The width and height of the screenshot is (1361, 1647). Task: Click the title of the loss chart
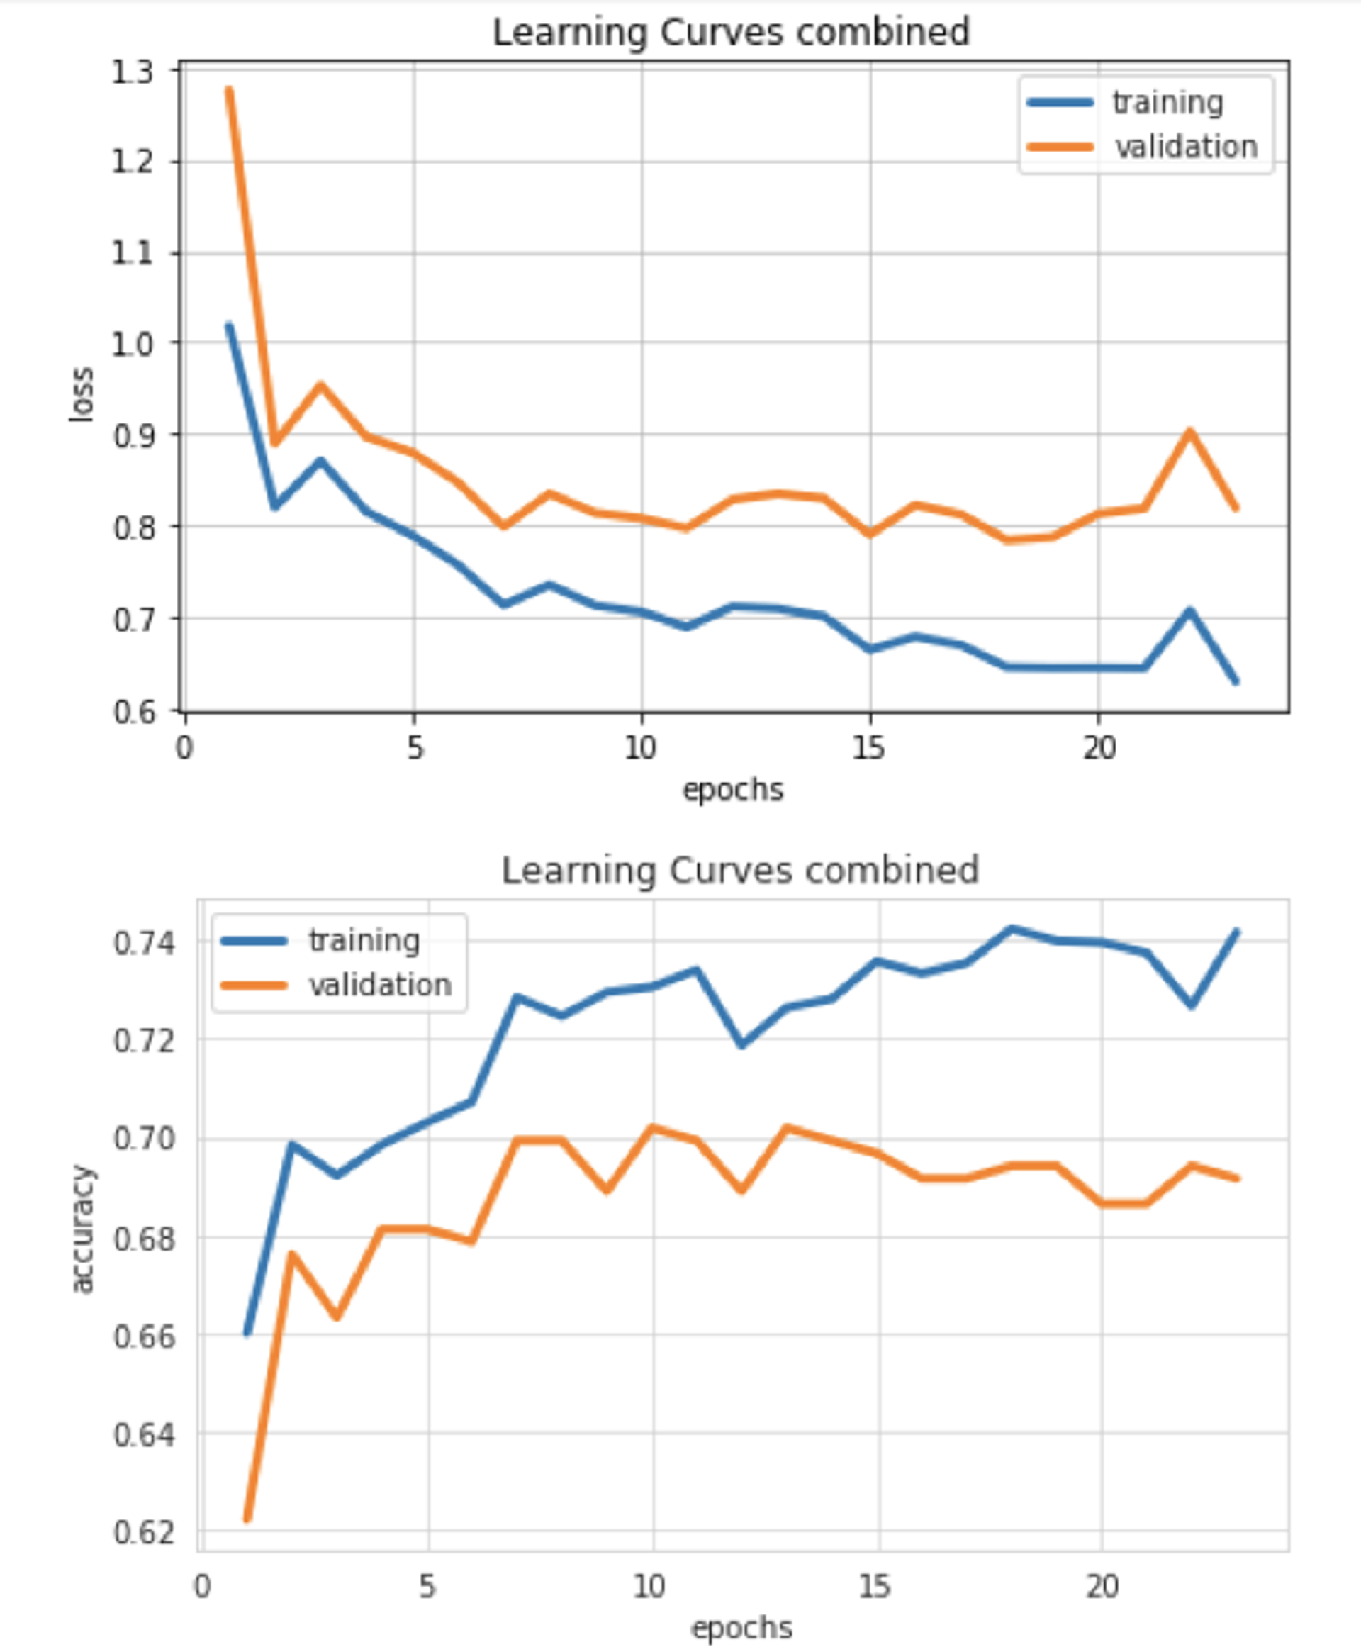(731, 32)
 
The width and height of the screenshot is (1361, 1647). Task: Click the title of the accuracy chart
(740, 870)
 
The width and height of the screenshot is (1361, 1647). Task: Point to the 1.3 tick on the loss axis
(133, 72)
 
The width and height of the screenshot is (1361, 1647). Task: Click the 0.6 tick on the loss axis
(134, 712)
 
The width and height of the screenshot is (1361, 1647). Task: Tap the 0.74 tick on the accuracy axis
(145, 942)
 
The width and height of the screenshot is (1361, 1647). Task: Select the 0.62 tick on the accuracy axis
(145, 1531)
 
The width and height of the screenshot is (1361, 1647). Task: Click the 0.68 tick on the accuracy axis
(145, 1239)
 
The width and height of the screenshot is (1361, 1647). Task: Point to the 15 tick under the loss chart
(868, 748)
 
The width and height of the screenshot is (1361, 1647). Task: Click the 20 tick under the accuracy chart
(1102, 1587)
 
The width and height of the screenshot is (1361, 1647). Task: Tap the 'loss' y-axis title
(82, 394)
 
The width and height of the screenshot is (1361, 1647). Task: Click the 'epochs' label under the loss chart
(733, 790)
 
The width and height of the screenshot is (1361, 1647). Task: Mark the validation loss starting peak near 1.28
(229, 89)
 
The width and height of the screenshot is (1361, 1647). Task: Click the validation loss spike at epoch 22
(1190, 430)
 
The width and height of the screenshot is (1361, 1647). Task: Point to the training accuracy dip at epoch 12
(741, 1044)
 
